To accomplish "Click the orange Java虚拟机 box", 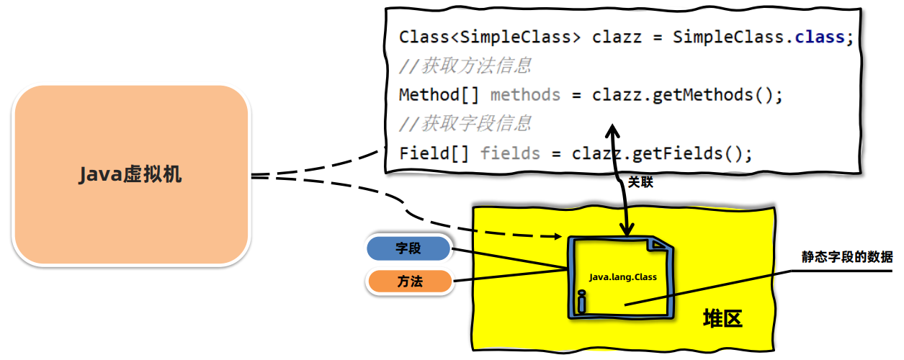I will pos(131,175).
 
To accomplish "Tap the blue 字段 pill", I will pos(408,249).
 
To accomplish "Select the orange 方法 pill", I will pos(409,282).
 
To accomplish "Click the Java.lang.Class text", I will pos(623,277).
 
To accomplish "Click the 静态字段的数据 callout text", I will pos(847,257).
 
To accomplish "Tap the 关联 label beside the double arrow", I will pos(640,182).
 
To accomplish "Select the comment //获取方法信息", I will pos(465,66).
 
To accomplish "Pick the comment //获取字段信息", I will pos(465,124).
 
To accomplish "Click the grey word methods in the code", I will pos(525,95).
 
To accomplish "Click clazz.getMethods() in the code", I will pos(687,95).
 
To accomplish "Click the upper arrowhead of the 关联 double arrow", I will pos(612,131).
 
